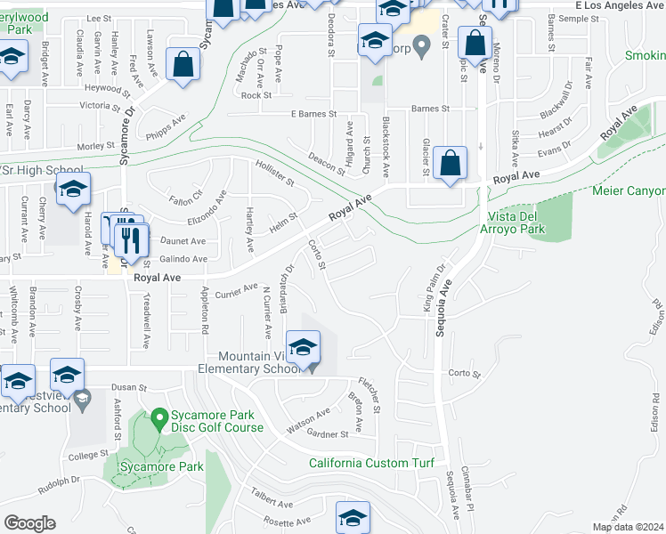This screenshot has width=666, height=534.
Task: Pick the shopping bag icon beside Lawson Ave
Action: tap(183, 64)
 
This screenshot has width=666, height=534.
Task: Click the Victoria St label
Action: tap(99, 105)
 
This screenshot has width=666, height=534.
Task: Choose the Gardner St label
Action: tap(326, 434)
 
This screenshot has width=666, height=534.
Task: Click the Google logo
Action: tap(29, 523)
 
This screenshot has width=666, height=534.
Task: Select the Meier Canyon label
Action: tap(629, 191)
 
